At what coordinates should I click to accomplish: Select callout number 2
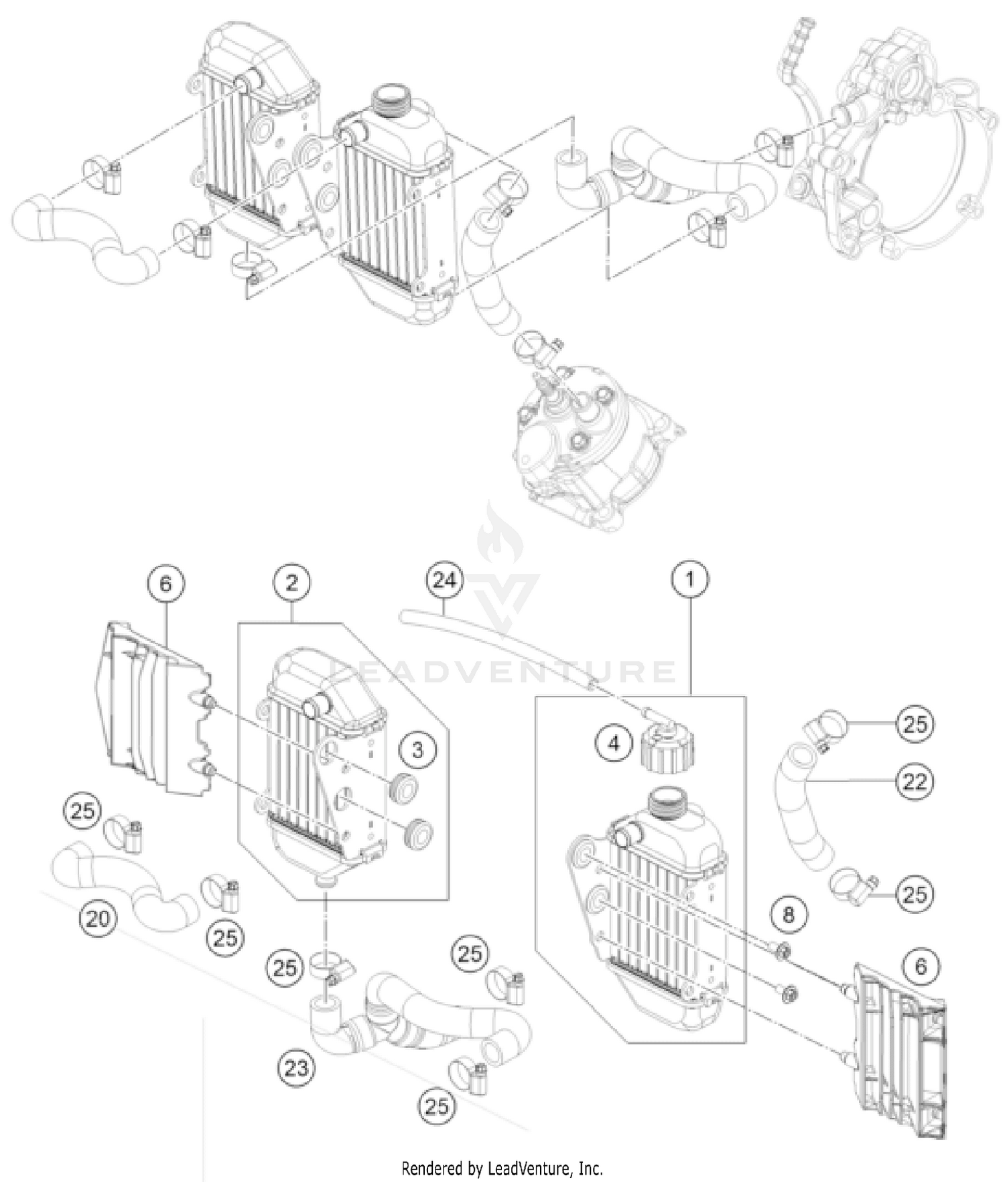point(291,583)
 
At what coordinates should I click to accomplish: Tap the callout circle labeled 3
point(418,749)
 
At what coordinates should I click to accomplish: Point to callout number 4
point(614,743)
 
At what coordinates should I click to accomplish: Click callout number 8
point(788,913)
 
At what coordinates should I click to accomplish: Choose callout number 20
point(98,917)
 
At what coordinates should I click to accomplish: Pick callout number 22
point(915,781)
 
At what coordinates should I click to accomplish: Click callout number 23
point(296,1067)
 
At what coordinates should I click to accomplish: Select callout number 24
point(445,580)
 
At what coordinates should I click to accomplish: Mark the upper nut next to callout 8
point(781,950)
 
